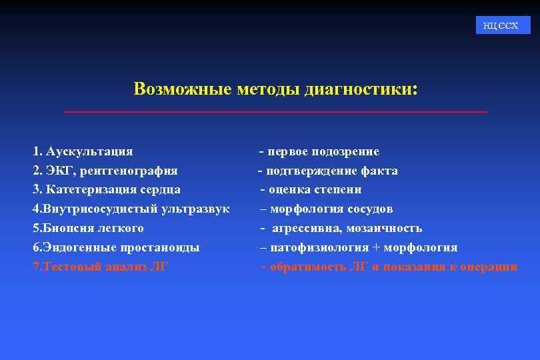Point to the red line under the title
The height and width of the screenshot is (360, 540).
[x=275, y=111]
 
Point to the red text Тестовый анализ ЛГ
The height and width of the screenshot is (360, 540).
[x=101, y=267]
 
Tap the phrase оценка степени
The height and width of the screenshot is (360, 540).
[x=315, y=190]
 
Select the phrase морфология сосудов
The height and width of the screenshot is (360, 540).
[x=331, y=209]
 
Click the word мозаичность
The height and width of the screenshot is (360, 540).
[x=384, y=229]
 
